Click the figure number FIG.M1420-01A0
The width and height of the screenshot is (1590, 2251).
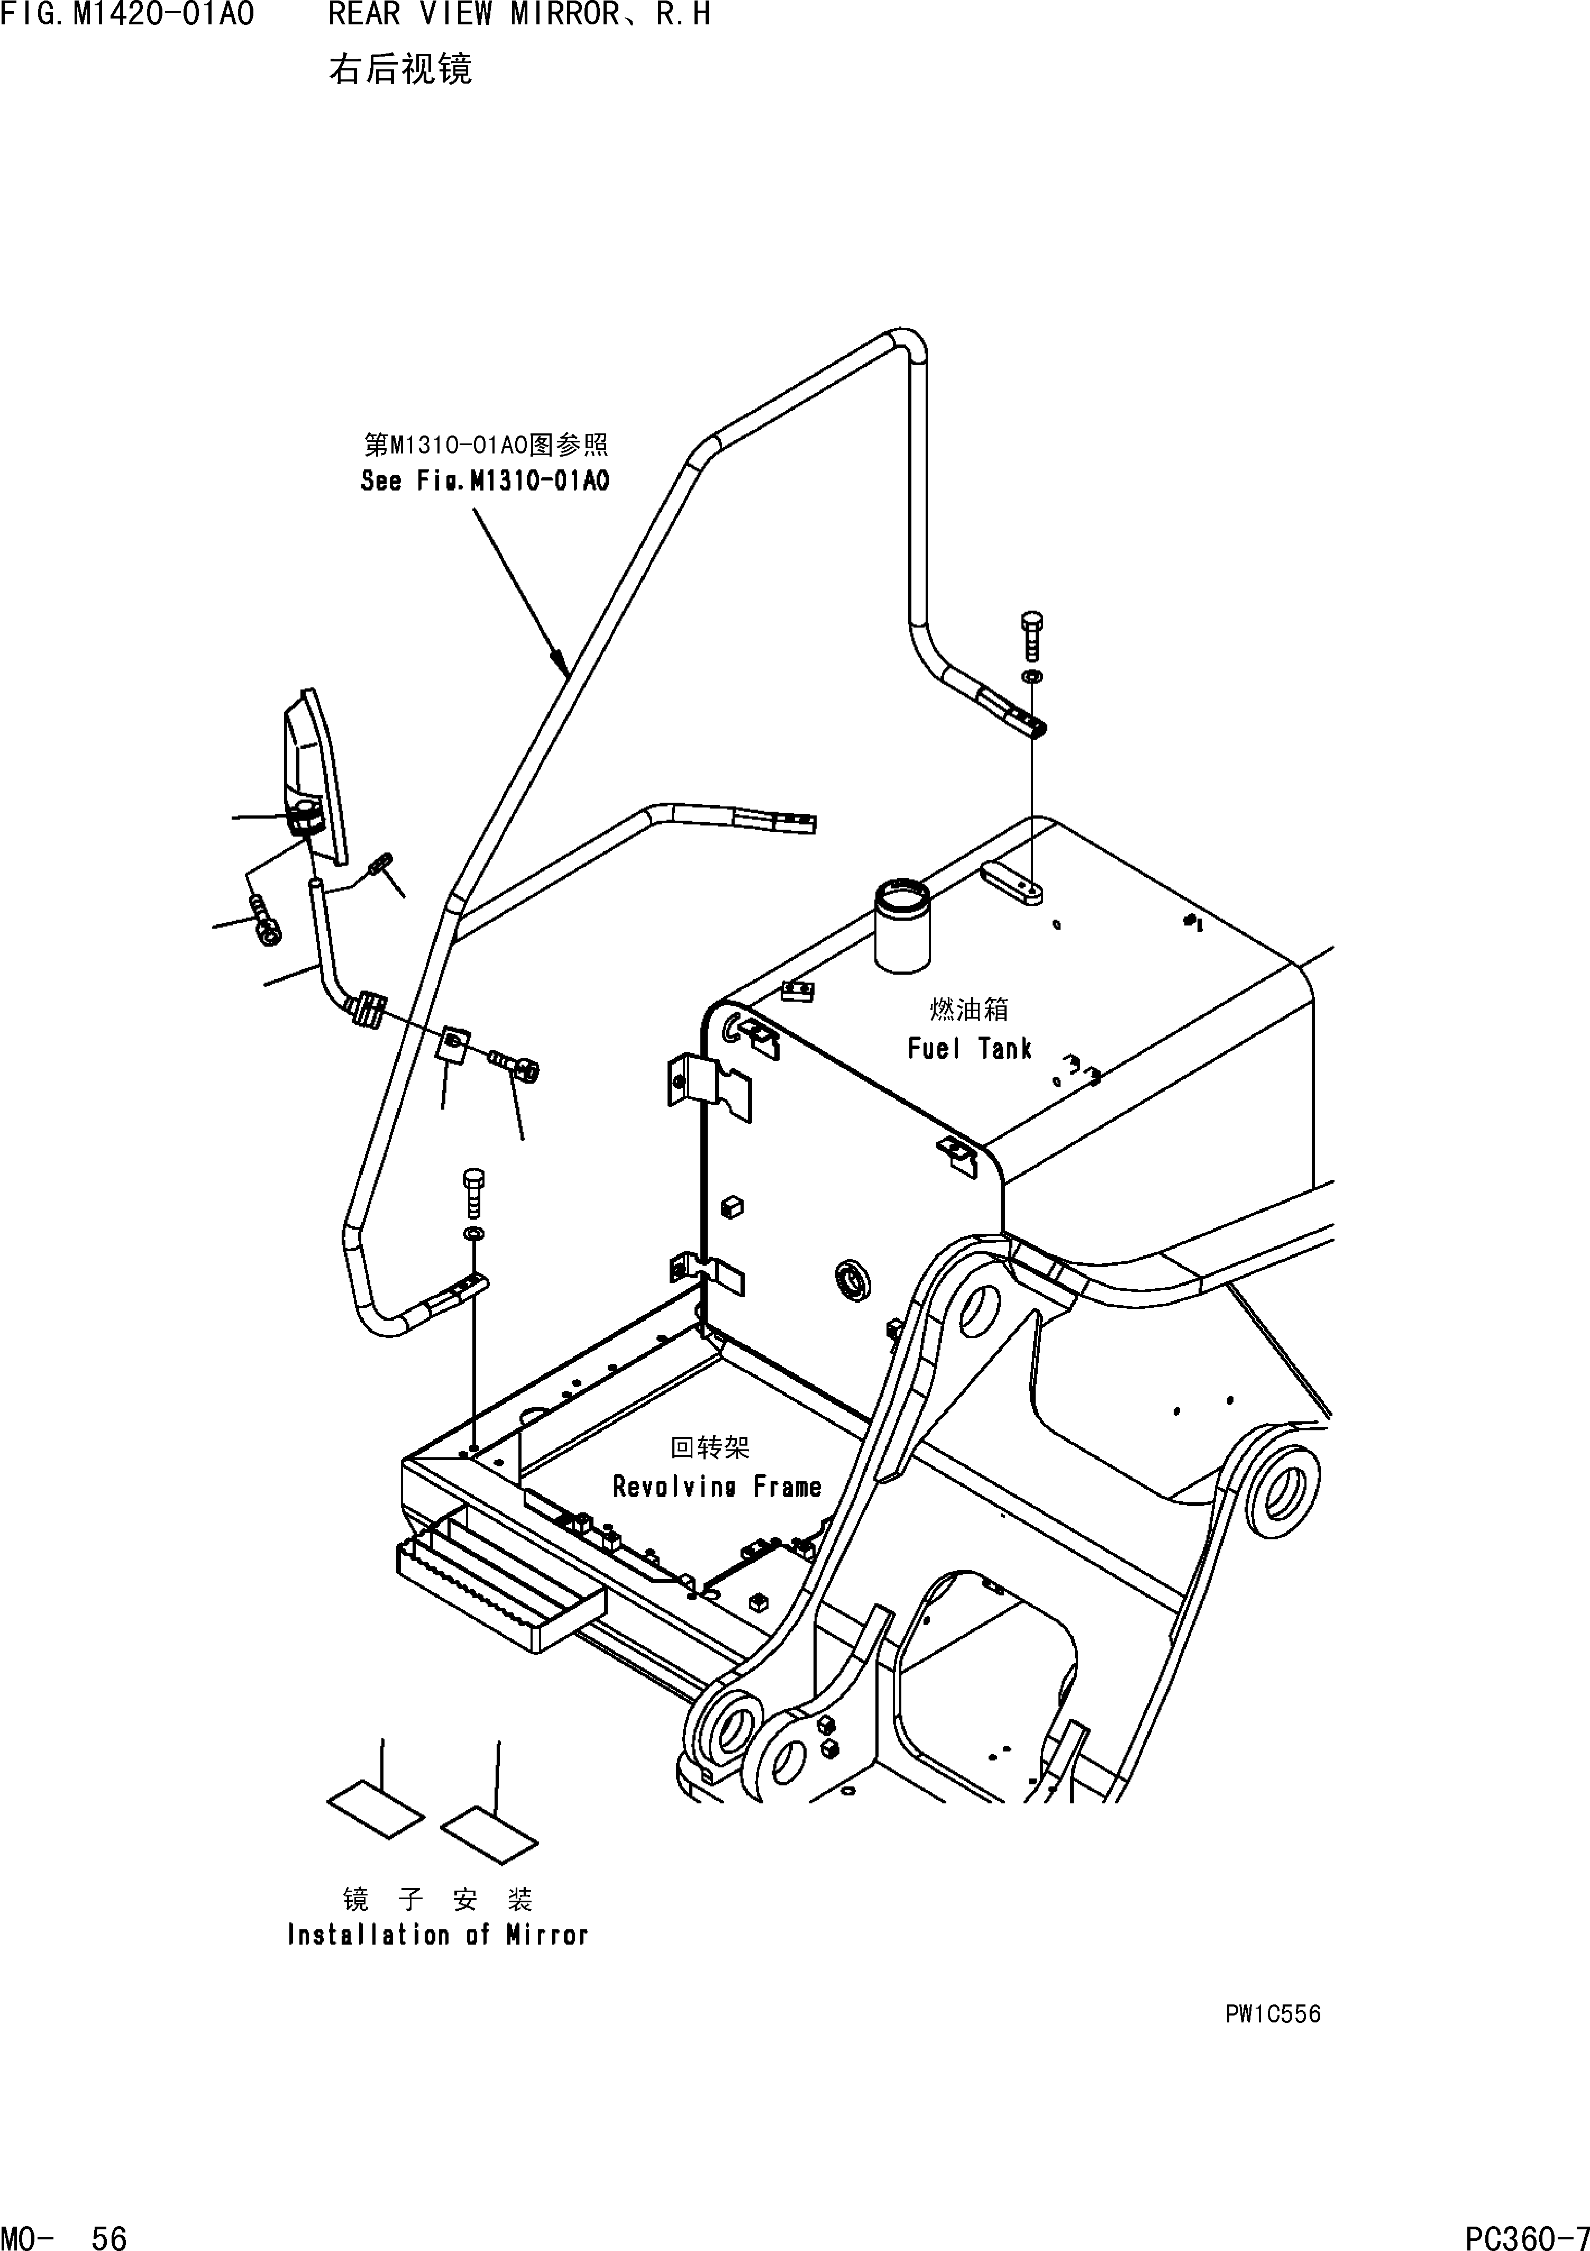point(127,16)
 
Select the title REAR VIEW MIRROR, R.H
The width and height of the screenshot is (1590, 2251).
point(518,16)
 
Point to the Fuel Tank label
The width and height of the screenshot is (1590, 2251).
point(968,1049)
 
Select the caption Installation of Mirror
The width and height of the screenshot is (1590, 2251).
point(437,1935)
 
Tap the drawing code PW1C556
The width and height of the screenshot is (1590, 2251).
point(1273,2014)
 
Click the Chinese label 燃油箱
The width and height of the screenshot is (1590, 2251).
point(968,1009)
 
